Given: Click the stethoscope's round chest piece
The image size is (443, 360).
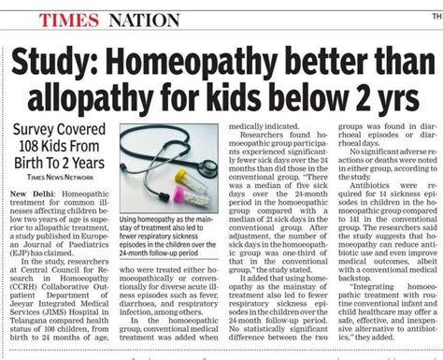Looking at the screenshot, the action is pyautogui.click(x=149, y=149).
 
